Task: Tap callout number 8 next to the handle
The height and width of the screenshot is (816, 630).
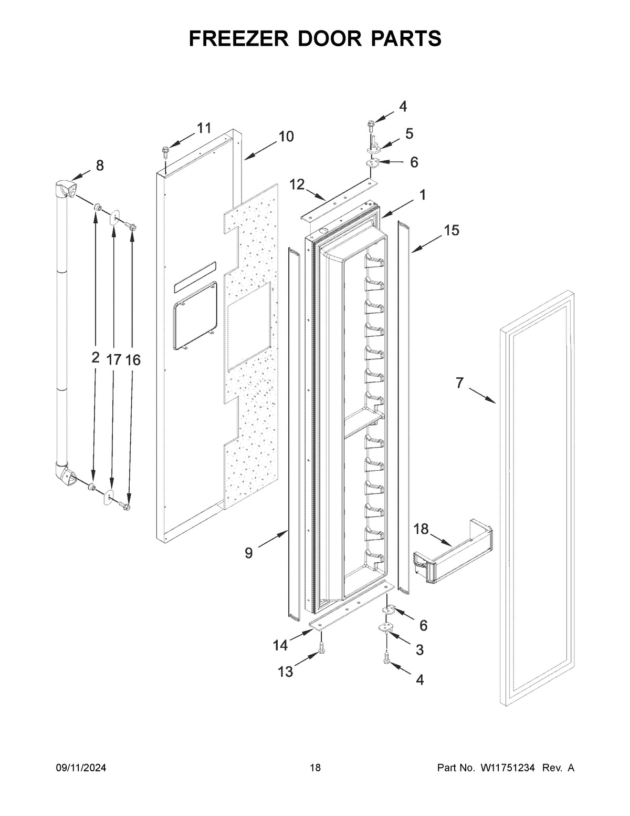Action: coord(99,166)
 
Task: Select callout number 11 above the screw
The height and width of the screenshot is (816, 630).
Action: coord(204,128)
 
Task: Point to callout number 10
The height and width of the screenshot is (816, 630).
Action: coord(286,137)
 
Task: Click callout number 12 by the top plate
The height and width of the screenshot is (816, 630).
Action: coord(297,184)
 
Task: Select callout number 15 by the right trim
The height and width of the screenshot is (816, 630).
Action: coord(451,230)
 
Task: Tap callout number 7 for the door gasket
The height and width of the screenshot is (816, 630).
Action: coord(459,384)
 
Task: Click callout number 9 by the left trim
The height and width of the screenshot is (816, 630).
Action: coord(248,553)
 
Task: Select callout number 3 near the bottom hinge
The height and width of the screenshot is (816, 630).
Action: coord(419,650)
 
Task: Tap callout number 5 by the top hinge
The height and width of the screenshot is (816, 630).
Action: coord(409,134)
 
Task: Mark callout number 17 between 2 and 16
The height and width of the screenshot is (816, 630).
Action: coord(113,359)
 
